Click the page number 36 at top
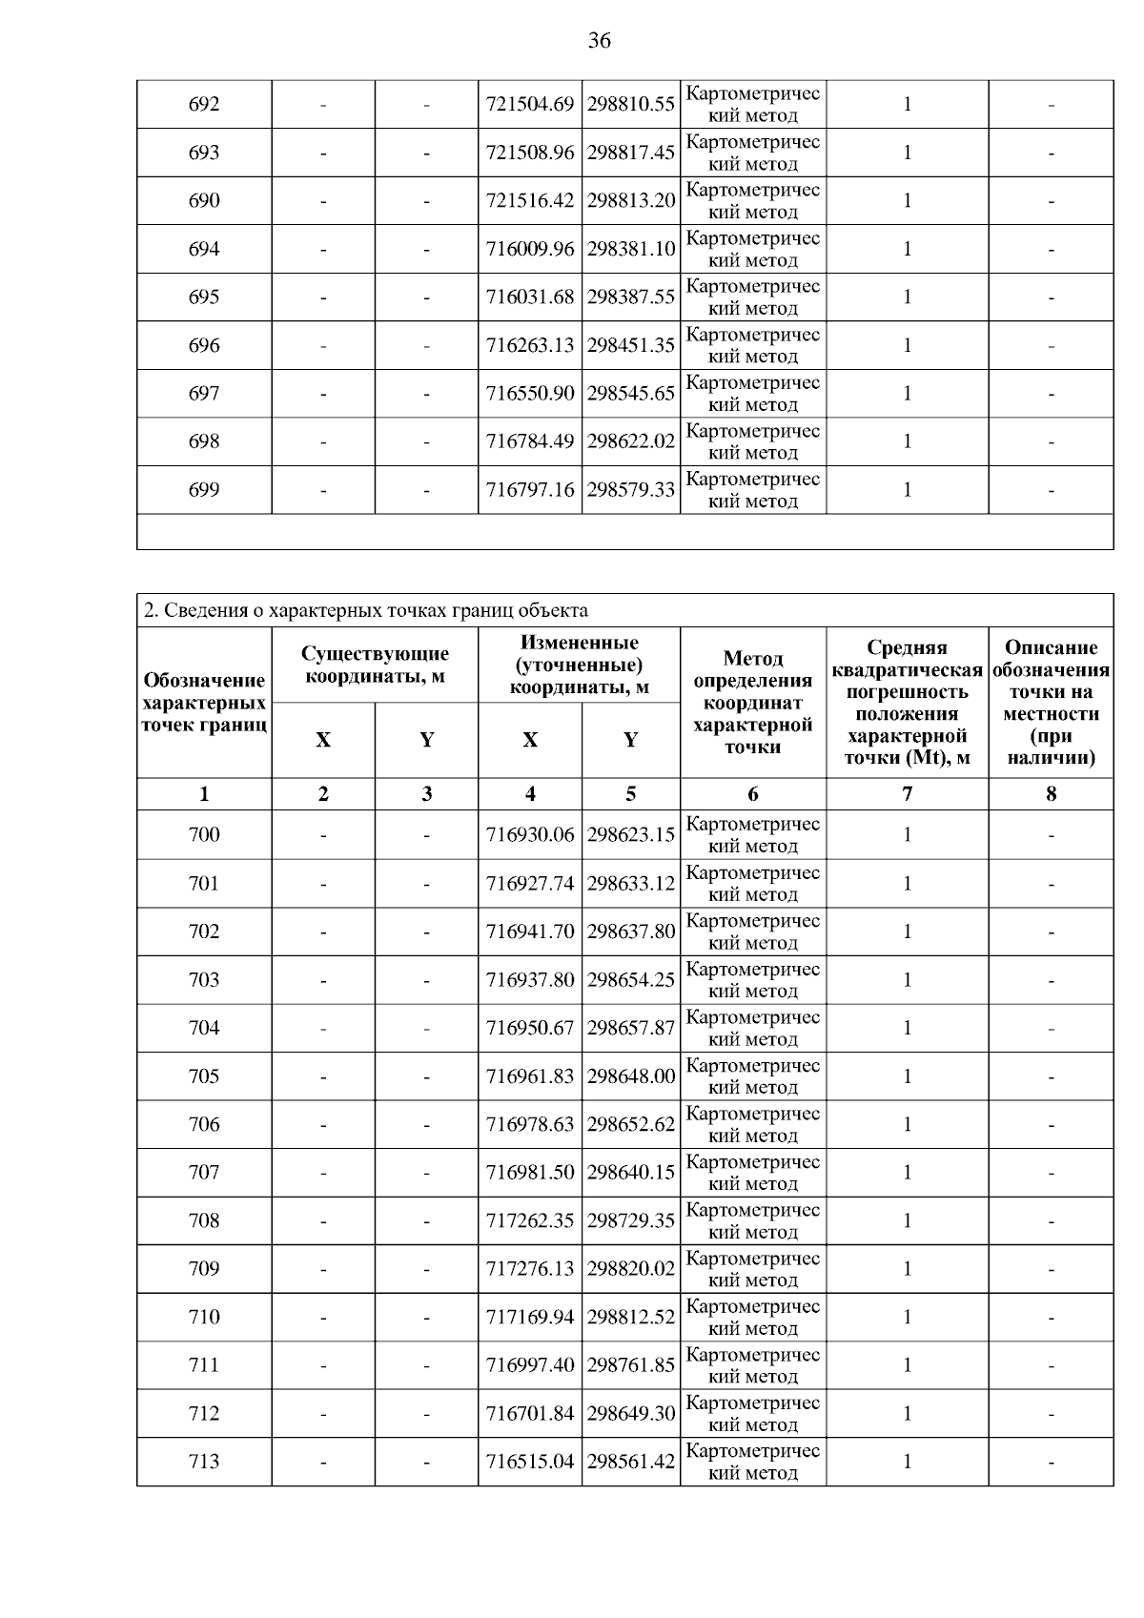pyautogui.click(x=599, y=40)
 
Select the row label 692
pyautogui.click(x=204, y=104)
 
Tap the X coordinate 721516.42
pyautogui.click(x=530, y=200)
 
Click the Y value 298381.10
pyautogui.click(x=631, y=249)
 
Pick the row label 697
pyautogui.click(x=204, y=393)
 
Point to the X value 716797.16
pyautogui.click(x=530, y=490)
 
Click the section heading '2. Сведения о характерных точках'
pyautogui.click(x=365, y=610)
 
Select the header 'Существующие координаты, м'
pyautogui.click(x=375, y=665)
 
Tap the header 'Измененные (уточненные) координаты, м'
pyautogui.click(x=579, y=665)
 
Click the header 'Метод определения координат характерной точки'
pyautogui.click(x=753, y=702)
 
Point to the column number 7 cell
pyautogui.click(x=907, y=794)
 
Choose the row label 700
pyautogui.click(x=204, y=834)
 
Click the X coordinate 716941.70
pyautogui.click(x=530, y=932)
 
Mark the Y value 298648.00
pyautogui.click(x=631, y=1076)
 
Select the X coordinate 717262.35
pyautogui.click(x=530, y=1220)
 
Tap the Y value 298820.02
pyautogui.click(x=631, y=1269)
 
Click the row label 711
pyautogui.click(x=204, y=1365)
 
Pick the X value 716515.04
pyautogui.click(x=530, y=1462)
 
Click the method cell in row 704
pyautogui.click(x=753, y=1028)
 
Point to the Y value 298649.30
pyautogui.click(x=631, y=1413)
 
